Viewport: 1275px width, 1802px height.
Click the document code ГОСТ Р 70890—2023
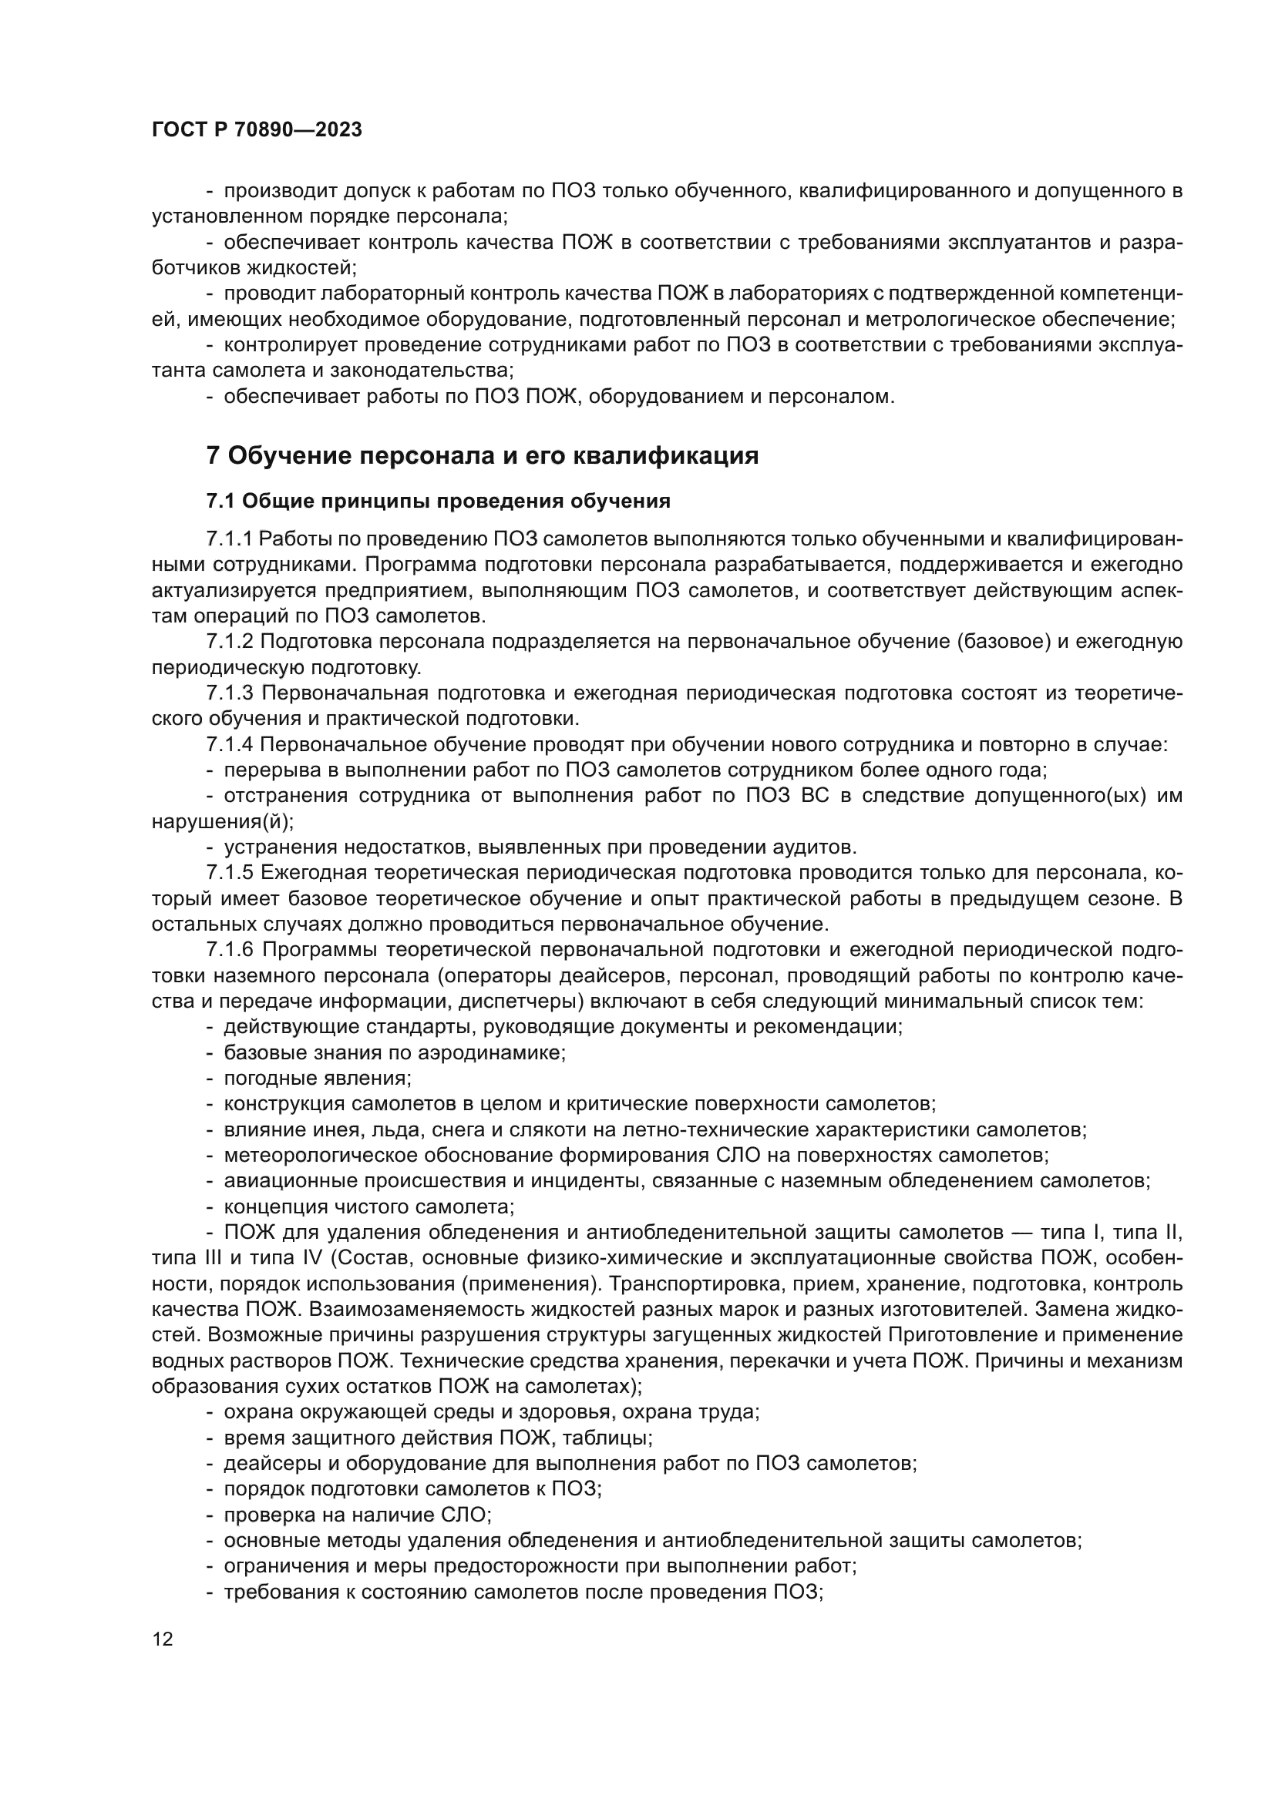257,130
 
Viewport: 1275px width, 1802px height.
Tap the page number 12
163,1639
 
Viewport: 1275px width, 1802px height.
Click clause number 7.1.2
229,642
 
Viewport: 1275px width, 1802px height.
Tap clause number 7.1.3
230,694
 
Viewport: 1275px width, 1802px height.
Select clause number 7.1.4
230,745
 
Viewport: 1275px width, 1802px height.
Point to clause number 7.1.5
230,874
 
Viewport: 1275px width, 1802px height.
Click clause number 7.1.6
230,951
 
